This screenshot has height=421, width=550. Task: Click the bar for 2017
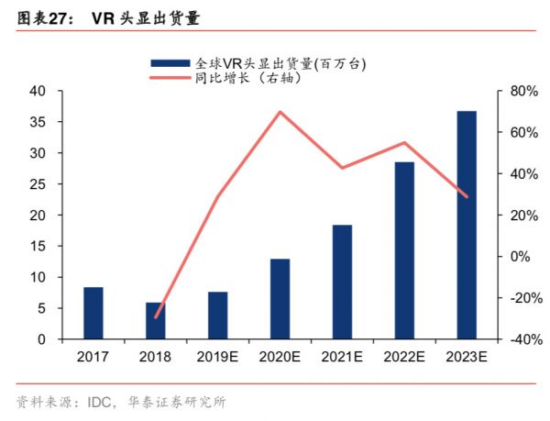(x=93, y=313)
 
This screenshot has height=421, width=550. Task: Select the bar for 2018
(x=156, y=321)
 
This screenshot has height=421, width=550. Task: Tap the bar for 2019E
(x=217, y=316)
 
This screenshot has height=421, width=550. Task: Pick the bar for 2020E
(x=280, y=299)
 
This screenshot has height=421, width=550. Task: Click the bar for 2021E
(x=342, y=282)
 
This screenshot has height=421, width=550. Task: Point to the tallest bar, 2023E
(x=467, y=225)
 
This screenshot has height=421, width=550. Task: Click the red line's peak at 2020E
(x=280, y=112)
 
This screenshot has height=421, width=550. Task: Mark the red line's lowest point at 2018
(x=156, y=317)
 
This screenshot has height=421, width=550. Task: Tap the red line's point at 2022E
(x=404, y=142)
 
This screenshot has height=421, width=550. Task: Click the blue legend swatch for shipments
(x=170, y=62)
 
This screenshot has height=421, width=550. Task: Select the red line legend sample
(x=170, y=78)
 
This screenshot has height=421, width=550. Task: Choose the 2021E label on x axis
(x=342, y=357)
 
